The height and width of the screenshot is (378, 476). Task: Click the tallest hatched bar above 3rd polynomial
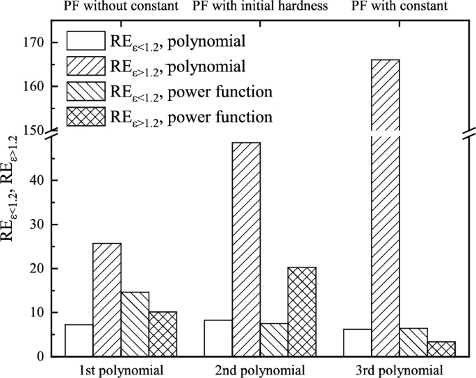386,208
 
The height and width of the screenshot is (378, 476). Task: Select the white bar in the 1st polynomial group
79,340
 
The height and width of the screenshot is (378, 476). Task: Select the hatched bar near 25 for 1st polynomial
107,299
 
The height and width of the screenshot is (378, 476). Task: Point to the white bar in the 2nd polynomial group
218,338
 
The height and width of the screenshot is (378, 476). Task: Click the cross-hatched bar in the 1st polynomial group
163,334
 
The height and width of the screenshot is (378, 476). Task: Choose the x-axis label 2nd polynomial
261,369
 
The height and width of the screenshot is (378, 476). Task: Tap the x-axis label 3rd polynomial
400,369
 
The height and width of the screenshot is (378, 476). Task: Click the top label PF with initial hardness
261,7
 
